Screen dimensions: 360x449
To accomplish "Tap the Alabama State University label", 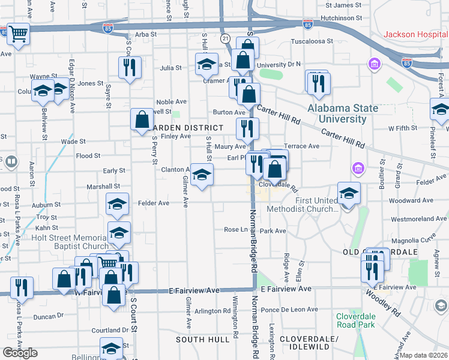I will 343,113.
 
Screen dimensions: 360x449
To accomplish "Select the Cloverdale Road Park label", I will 355,319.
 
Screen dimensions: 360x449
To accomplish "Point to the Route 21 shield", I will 225,38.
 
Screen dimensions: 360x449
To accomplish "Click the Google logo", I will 20,353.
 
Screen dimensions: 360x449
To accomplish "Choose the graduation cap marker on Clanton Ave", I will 202,175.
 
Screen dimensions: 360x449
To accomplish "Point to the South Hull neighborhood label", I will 202,340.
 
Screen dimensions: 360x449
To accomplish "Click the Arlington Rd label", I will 212,311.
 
